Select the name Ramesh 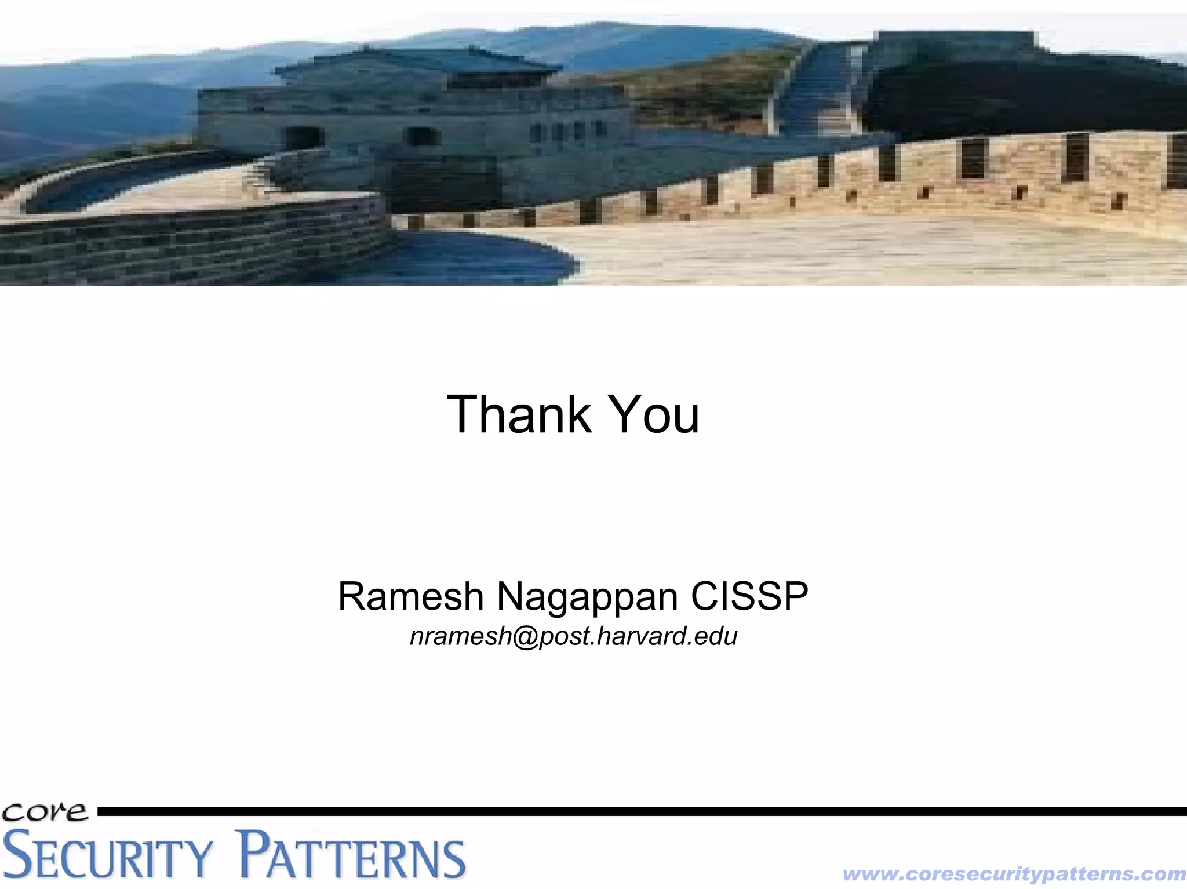[x=410, y=596]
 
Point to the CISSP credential [x=749, y=596]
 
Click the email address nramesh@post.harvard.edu [x=573, y=636]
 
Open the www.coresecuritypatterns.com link [x=1014, y=873]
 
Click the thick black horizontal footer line [x=638, y=811]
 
